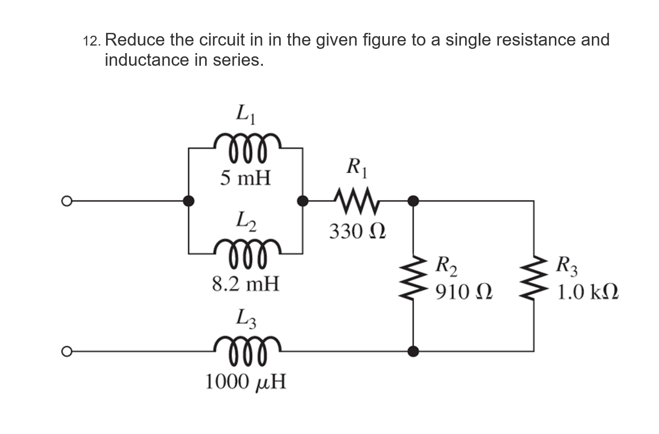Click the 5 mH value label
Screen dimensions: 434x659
[x=246, y=178]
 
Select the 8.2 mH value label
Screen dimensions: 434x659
[x=245, y=284]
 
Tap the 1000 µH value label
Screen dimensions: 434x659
[x=245, y=382]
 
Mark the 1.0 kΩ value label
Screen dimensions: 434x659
[x=587, y=292]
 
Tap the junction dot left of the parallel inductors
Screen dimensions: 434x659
[x=189, y=201]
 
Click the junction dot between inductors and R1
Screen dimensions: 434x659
[x=303, y=201]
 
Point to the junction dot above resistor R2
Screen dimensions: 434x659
[x=413, y=201]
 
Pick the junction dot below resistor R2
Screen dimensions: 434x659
[x=413, y=351]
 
